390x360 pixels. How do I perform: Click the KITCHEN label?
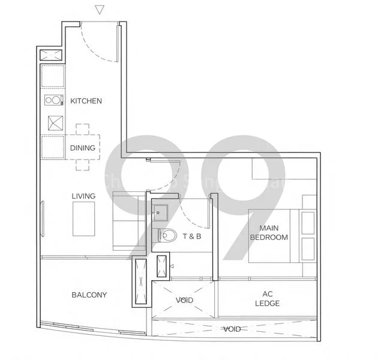tap(86, 101)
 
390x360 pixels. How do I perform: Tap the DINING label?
tap(82, 148)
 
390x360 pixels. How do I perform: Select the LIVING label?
tap(83, 196)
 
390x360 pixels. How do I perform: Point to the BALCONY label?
tap(89, 295)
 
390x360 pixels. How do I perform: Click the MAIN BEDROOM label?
tap(269, 233)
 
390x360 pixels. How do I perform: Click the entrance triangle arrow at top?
tap(100, 10)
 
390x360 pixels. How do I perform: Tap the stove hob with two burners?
tap(53, 101)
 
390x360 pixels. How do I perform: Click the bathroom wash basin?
tap(160, 212)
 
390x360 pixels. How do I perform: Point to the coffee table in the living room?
tap(84, 219)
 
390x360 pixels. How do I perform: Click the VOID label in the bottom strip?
tap(232, 329)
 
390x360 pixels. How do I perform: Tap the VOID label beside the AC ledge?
tap(184, 300)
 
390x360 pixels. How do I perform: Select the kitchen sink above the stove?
tap(53, 77)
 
